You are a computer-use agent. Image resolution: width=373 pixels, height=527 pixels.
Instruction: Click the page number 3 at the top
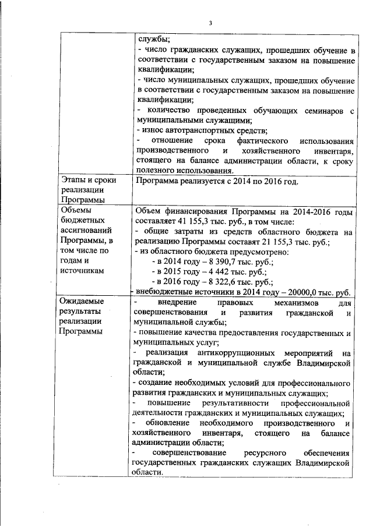click(212, 23)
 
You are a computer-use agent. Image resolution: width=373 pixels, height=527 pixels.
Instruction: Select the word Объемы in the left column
click(74, 210)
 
